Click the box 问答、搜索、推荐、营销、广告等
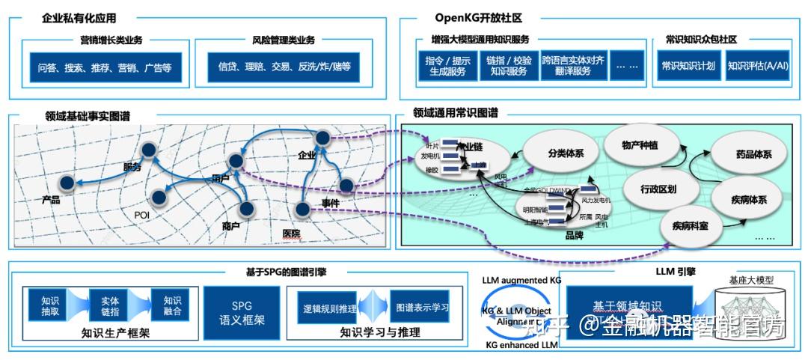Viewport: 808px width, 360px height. point(105,67)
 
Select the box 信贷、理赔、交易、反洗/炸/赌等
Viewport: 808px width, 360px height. point(284,67)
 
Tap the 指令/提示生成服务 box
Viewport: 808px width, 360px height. point(447,66)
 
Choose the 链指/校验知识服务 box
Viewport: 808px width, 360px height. point(509,66)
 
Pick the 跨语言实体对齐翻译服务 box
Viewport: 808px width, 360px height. point(573,66)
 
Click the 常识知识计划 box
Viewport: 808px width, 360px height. point(688,66)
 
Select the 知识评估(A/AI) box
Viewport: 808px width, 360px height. point(756,66)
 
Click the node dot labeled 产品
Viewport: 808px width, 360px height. point(67,183)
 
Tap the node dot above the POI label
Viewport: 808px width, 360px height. point(159,198)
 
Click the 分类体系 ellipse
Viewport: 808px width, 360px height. point(566,153)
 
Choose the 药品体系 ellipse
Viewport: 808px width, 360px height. point(753,154)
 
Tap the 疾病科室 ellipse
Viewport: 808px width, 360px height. point(689,225)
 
